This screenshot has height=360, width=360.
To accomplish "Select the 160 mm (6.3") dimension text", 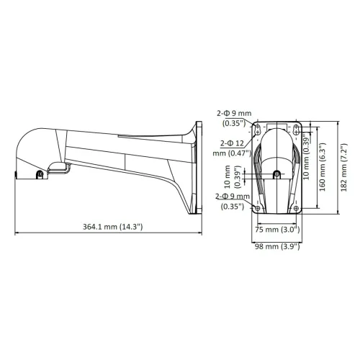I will click(325, 168).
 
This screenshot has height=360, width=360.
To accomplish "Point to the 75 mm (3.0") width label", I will click(277, 230).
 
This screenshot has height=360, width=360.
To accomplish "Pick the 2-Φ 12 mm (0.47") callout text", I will click(230, 148).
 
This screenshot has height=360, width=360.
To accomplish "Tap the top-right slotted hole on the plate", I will click(296, 130).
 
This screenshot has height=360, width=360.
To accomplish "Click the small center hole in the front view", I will click(277, 174).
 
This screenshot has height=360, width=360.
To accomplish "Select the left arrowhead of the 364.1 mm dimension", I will click(16, 233).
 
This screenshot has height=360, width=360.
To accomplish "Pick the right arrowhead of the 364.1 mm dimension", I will click(202, 233).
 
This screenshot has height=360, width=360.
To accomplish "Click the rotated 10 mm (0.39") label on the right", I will click(307, 153).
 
